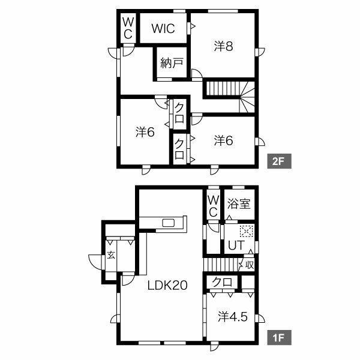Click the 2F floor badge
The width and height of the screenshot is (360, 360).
pyautogui.click(x=279, y=161)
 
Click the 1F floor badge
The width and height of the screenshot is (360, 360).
pyautogui.click(x=279, y=337)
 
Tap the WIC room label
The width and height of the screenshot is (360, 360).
pyautogui.click(x=163, y=29)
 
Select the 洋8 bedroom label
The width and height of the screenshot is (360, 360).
pyautogui.click(x=223, y=46)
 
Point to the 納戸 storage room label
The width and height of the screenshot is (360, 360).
pyautogui.click(x=172, y=62)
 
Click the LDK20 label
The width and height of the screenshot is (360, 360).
pyautogui.click(x=167, y=286)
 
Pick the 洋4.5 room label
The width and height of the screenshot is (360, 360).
pyautogui.click(x=233, y=317)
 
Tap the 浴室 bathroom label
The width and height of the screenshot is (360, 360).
pyautogui.click(x=239, y=203)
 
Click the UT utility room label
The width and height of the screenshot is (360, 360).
pyautogui.click(x=236, y=245)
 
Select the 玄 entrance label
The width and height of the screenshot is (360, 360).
pyautogui.click(x=111, y=255)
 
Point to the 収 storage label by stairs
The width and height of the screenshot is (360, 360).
pyautogui.click(x=250, y=265)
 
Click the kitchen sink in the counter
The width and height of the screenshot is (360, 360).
pyautogui.click(x=169, y=223)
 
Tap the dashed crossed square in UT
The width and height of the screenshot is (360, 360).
pyautogui.click(x=247, y=231)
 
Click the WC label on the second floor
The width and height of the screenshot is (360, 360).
pyautogui.click(x=128, y=28)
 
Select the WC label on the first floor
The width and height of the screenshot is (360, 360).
pyautogui.click(x=213, y=206)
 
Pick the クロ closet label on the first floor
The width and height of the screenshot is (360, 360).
pyautogui.click(x=222, y=282)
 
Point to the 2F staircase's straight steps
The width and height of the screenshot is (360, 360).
pyautogui.click(x=223, y=88)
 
